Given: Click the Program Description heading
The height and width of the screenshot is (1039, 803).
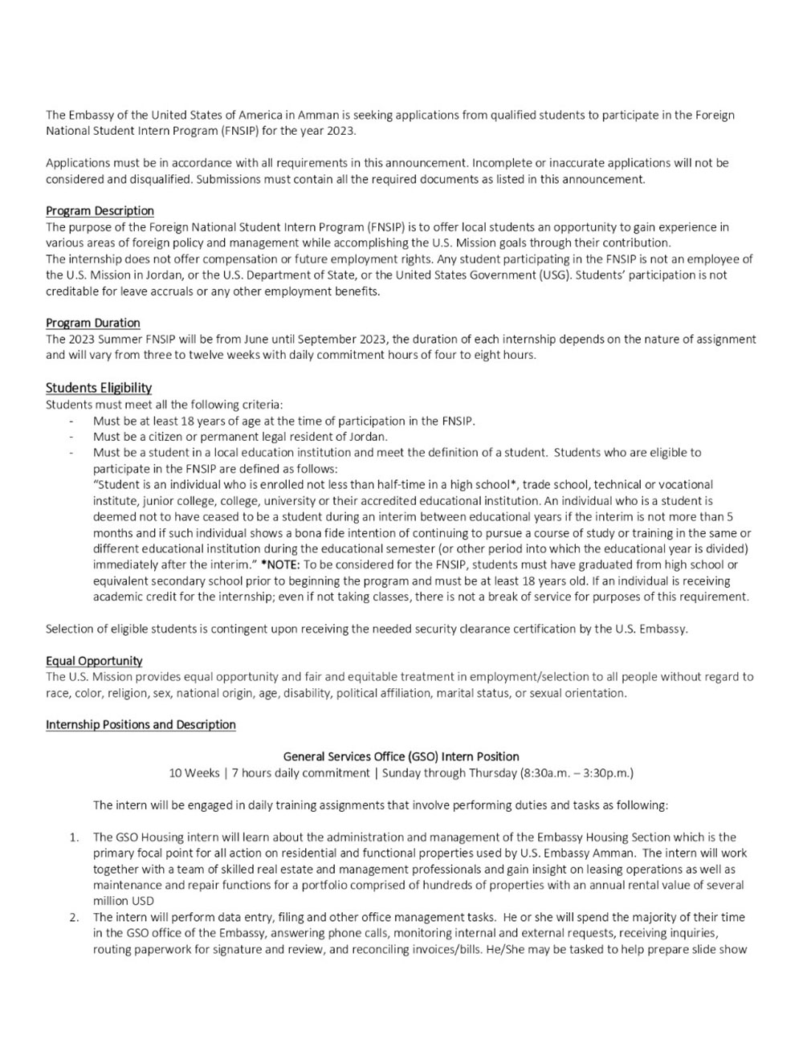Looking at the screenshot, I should [100, 211].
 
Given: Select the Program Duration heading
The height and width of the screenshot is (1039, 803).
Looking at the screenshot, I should [92, 323].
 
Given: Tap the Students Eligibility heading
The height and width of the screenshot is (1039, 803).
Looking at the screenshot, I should [99, 388].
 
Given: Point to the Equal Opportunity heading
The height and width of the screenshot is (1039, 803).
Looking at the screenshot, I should [94, 661].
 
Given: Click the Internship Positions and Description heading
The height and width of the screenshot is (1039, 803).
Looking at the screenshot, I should [141, 725].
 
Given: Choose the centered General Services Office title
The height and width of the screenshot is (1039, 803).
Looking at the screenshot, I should [401, 756].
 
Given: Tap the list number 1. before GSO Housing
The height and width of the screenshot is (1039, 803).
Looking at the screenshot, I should [74, 837].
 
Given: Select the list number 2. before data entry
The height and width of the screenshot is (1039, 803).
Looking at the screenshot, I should [74, 918].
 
